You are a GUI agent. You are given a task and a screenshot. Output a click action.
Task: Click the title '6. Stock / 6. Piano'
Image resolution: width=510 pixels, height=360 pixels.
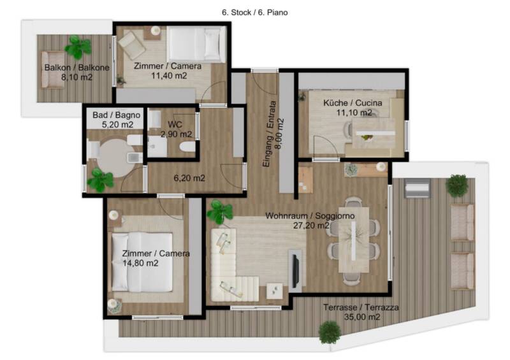pos(254,13)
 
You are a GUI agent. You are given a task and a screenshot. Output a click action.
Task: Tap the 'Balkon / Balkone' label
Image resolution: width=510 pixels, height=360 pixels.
pos(76,68)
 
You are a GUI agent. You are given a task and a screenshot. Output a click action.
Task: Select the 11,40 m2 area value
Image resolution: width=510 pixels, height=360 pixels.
pos(169,76)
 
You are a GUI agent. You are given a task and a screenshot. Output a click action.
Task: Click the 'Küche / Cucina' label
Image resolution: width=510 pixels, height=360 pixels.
pos(353,103)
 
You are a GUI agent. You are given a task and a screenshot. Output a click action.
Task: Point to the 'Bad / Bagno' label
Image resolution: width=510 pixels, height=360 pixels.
pos(117,115)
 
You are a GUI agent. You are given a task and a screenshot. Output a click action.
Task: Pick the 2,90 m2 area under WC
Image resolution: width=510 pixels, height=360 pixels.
pos(176,134)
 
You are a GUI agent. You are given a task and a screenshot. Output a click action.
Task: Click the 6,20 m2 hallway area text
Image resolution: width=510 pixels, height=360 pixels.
pos(189,178)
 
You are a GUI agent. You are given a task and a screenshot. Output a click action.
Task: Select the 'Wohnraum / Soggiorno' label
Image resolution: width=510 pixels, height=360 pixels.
pos(310,216)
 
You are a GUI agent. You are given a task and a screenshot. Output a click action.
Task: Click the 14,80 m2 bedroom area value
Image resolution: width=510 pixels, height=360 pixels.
pos(140,263)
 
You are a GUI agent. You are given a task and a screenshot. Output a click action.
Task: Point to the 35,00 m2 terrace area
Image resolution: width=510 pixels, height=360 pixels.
pos(362,317)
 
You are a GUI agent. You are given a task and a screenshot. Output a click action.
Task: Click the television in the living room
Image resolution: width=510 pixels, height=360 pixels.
pos(296,271)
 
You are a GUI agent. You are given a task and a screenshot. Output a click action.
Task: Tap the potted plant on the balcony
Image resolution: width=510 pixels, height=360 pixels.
pos(78,47)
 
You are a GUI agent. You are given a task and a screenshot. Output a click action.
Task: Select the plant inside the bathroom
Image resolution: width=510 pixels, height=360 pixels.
pos(100,180)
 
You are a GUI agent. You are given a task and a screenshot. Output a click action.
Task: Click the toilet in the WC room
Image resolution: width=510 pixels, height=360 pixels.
pos(187,147)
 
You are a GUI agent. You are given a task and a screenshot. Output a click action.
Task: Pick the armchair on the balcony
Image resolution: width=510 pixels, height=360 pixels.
pos(53,69)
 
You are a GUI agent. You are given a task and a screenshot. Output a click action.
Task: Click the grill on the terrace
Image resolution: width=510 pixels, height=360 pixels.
pos(418,188)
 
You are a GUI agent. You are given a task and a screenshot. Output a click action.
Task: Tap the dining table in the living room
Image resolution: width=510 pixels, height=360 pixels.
pos(354,240)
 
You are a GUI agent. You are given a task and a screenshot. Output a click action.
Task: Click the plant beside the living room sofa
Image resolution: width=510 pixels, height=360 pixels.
pos(220,212)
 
